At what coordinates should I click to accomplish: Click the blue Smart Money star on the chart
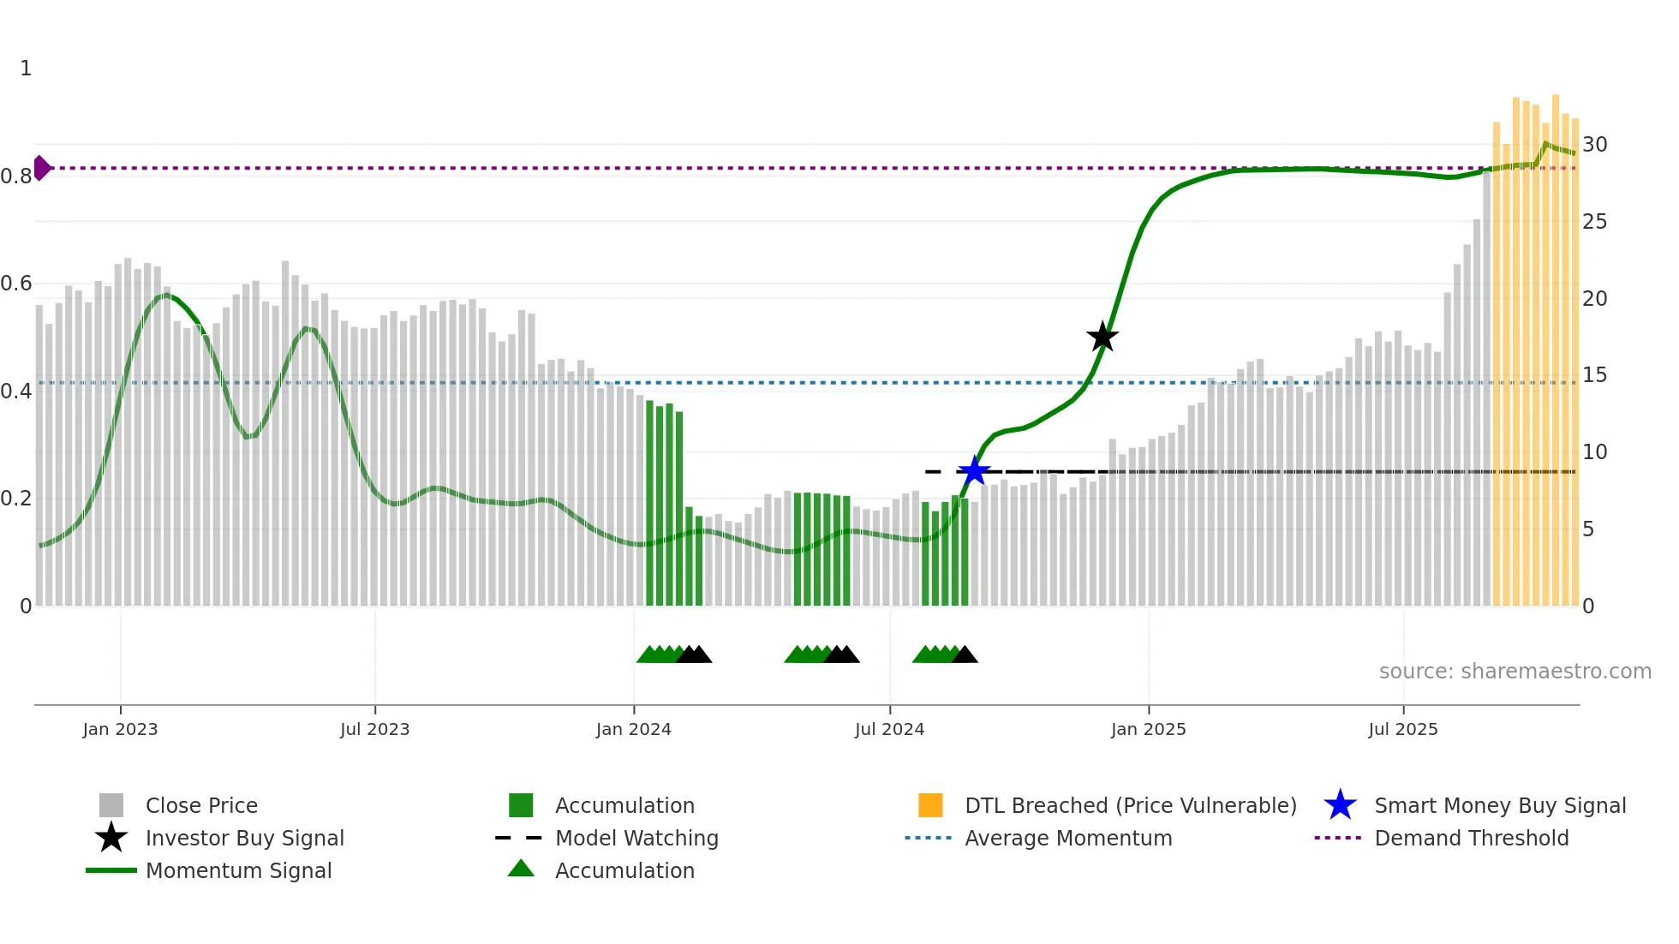(974, 470)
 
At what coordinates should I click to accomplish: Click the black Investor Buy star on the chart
(1102, 337)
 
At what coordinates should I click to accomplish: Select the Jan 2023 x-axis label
(120, 729)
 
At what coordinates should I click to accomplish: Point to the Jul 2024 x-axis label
(889, 729)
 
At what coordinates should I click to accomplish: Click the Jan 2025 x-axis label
(1148, 729)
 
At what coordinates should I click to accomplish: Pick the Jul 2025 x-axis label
(1402, 729)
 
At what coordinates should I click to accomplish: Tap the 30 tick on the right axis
(1594, 145)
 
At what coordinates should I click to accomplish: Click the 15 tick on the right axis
(1594, 375)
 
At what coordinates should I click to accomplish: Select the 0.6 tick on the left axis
(16, 284)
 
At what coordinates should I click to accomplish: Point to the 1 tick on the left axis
(26, 69)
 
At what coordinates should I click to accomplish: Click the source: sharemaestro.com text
(1515, 672)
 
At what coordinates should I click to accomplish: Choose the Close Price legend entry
(201, 805)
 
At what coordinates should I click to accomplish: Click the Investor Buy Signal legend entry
(244, 838)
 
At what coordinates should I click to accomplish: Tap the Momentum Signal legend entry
(238, 870)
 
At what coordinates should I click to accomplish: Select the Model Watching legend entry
(636, 838)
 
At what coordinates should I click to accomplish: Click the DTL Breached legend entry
(1130, 805)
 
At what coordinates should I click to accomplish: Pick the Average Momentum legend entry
(1068, 838)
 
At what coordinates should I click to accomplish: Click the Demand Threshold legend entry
(1471, 838)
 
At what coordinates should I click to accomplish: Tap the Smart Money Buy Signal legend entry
(1499, 805)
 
